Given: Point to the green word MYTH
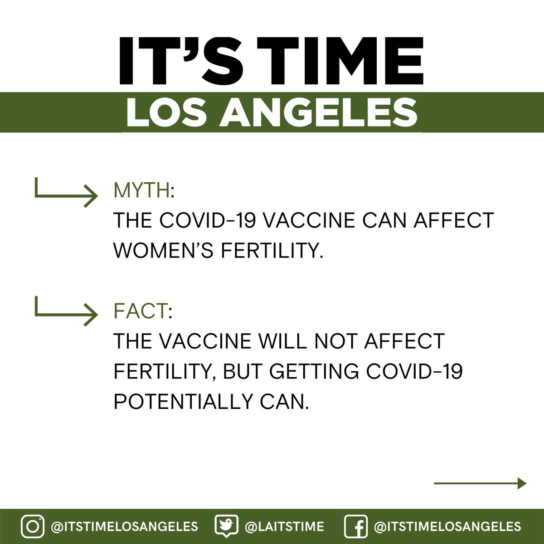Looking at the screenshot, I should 141,191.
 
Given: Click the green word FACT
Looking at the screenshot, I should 140,311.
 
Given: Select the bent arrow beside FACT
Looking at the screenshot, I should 66,311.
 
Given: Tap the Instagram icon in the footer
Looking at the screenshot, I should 33,527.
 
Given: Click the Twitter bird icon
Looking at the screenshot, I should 226,526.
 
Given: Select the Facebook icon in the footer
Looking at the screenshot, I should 356,527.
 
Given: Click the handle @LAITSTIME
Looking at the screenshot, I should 284,527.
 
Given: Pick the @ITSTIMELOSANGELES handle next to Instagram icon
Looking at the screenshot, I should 124,527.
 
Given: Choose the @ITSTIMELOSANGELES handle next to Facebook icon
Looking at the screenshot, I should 447,527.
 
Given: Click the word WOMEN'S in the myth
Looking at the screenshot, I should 164,250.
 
